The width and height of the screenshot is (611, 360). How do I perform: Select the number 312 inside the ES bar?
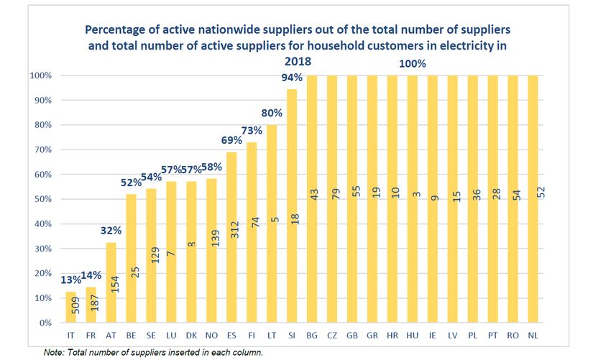(231, 247)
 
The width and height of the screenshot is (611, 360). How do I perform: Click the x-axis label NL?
(532, 334)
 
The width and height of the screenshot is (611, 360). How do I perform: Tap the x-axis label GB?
(352, 334)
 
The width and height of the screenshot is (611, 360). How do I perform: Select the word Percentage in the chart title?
(119, 30)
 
